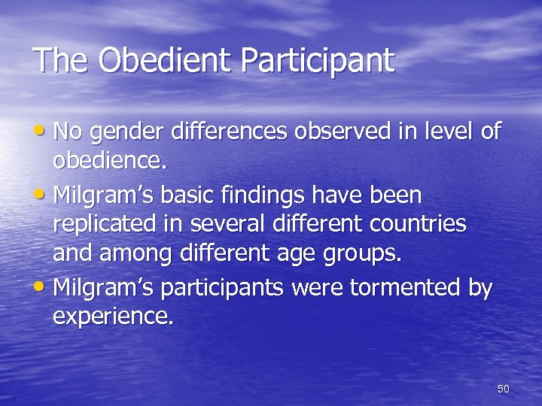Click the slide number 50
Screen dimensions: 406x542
504,389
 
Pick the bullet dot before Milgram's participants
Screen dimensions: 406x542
42,288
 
